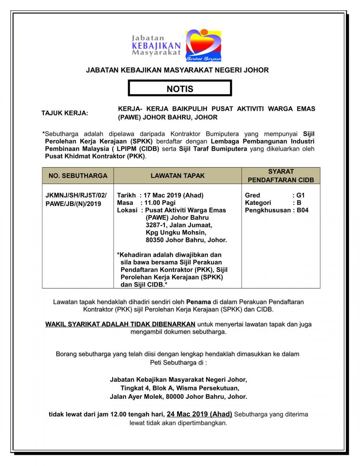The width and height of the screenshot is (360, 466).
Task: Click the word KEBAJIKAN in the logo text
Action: (156, 46)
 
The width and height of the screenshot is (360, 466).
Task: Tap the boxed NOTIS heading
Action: (180, 89)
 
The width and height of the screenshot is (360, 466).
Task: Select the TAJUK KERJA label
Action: (65, 113)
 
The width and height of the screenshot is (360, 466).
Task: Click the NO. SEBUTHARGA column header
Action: (78, 176)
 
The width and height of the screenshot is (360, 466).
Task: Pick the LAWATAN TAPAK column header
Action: (177, 176)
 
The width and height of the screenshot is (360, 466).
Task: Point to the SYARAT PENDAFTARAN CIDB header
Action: (281, 176)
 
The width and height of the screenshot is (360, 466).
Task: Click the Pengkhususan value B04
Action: (303, 210)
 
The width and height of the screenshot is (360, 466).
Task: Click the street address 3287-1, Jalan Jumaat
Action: (179, 225)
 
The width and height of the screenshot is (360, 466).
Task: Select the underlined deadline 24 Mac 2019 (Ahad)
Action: (199, 414)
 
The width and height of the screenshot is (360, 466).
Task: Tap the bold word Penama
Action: (198, 301)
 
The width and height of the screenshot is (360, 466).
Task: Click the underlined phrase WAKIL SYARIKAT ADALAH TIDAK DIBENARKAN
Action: (120, 324)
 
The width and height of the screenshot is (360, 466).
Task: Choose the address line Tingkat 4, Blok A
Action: (179, 388)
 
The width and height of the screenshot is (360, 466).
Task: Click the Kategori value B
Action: (299, 203)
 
